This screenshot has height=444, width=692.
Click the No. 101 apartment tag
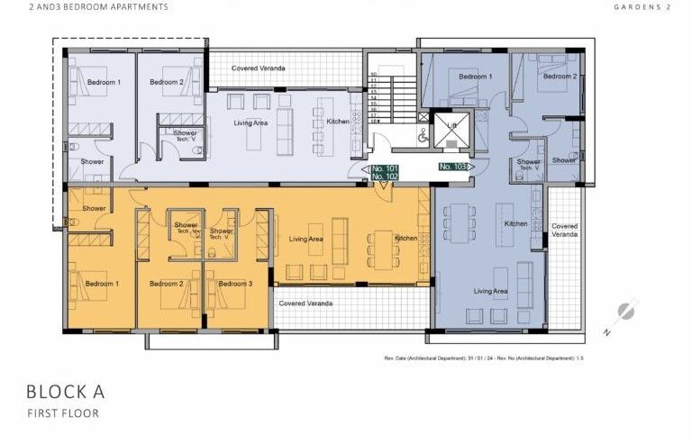[385, 168]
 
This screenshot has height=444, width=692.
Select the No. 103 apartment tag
[452, 167]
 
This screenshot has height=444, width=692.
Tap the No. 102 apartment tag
[385, 177]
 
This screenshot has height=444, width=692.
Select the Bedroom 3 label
[236, 284]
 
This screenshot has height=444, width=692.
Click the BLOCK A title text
[66, 392]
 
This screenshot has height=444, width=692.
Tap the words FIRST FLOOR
[62, 413]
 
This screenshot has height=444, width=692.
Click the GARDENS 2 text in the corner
[643, 6]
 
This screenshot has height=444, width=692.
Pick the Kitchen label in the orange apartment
[405, 238]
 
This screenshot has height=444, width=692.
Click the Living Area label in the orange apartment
[305, 239]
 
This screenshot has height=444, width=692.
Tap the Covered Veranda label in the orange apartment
[305, 304]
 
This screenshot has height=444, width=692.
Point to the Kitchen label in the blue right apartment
[515, 223]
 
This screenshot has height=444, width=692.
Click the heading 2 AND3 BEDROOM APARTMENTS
[86, 6]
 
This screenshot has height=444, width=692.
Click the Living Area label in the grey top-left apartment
[250, 122]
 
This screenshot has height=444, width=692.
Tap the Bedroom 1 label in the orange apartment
[102, 284]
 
